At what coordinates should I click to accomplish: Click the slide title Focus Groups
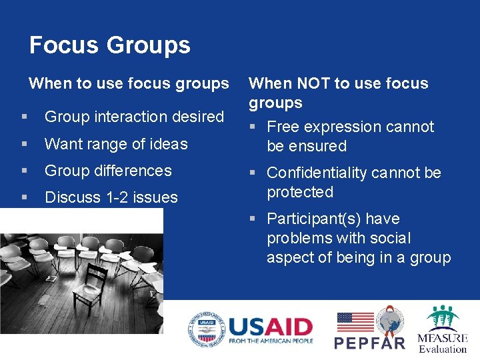[x=110, y=45]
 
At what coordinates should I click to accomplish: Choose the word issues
[x=155, y=197]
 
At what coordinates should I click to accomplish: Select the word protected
[x=300, y=192]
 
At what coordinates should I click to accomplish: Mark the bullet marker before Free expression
[x=255, y=127]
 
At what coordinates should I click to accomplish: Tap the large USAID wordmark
[x=270, y=327]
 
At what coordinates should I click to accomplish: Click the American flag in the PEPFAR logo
[x=355, y=323]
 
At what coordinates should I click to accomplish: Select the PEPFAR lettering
[x=369, y=343]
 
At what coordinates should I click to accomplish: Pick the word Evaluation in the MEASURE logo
[x=443, y=349]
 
